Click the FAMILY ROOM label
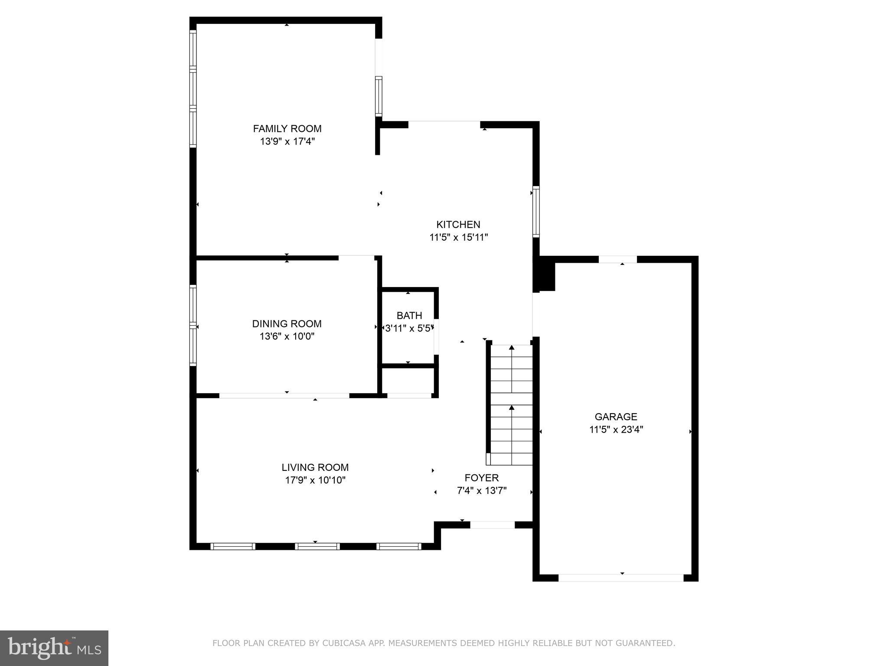287,128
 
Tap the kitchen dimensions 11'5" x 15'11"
458,237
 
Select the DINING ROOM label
287,323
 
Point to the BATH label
409,315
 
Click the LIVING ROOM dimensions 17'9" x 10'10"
315,480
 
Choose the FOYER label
481,478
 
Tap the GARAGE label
615,417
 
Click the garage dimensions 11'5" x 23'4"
615,430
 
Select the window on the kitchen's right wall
536,212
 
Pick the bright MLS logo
54,648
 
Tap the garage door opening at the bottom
620,578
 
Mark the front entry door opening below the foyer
492,525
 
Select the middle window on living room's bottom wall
317,546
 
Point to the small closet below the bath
408,380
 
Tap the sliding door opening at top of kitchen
444,124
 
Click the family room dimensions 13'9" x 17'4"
287,141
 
